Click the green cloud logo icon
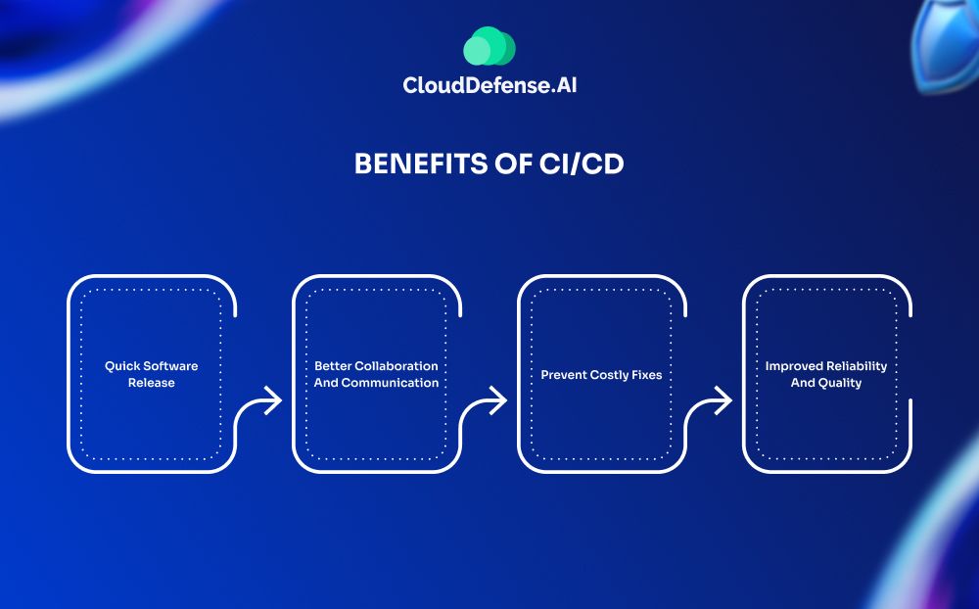click(489, 46)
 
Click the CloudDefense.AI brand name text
click(489, 85)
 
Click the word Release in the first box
click(152, 383)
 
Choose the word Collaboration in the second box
click(396, 366)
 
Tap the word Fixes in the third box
click(647, 375)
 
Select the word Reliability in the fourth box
click(857, 366)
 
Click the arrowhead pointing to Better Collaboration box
click(272, 400)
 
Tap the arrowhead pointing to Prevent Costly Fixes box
click(497, 400)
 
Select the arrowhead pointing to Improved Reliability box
click(723, 400)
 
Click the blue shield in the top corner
click(945, 45)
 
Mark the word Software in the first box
click(169, 366)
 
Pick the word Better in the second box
click(333, 366)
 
